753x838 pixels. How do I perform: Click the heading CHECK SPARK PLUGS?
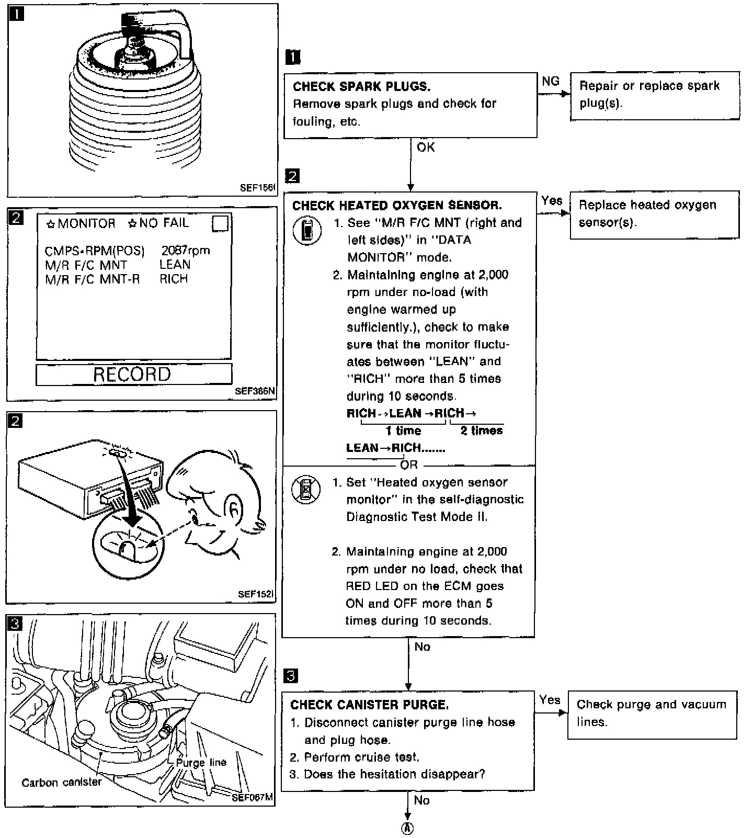coord(361,86)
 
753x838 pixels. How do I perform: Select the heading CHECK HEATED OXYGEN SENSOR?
coord(397,205)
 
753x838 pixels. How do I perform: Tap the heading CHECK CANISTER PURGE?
coord(369,705)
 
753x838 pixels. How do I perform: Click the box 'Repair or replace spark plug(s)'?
coord(654,96)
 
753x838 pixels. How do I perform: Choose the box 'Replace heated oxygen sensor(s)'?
coord(654,214)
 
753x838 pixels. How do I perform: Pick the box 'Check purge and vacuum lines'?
coord(652,714)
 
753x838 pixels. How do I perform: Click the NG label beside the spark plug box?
coord(550,81)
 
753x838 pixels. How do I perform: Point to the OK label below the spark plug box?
coord(426,148)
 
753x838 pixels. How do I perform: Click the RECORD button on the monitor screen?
coord(133,374)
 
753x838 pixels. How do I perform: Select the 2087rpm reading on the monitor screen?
coord(186,251)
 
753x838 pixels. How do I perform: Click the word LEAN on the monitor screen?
coord(175,265)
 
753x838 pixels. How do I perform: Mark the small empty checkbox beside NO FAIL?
coord(220,223)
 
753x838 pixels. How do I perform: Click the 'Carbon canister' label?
coord(62,783)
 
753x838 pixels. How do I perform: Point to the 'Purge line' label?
coord(201,762)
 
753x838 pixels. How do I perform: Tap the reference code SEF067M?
coord(252,797)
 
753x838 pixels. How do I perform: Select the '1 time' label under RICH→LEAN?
coord(403,431)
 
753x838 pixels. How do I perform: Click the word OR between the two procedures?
coord(409,465)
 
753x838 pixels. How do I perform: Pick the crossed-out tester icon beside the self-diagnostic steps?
coord(306,490)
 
